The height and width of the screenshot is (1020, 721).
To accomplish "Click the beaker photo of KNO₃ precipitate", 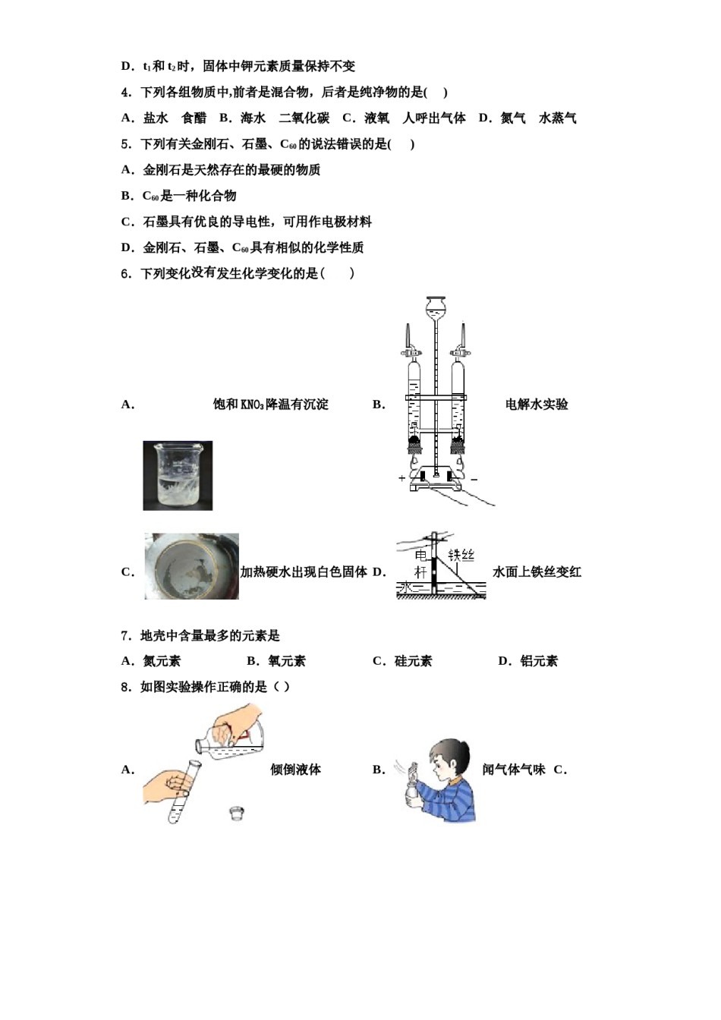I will coord(178,476).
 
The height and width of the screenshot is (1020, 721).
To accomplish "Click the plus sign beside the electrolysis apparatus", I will coord(401,479).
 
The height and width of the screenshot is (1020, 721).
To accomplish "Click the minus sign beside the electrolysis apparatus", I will coord(474,479).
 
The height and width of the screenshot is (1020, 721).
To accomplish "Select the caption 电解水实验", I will coord(537,405).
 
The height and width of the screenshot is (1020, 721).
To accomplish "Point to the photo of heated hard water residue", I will coord(191,566).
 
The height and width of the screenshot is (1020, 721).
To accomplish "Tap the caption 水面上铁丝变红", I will coord(537,572).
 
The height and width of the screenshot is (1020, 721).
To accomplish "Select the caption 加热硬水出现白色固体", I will coord(304,572).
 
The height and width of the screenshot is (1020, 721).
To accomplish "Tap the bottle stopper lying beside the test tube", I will coord(238,813).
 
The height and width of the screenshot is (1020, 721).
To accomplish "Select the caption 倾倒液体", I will coord(295,770).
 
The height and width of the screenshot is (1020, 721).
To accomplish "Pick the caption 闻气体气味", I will coord(514,770).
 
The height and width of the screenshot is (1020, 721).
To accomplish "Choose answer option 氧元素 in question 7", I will coord(286,661).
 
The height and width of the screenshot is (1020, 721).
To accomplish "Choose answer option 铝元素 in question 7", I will coord(539,661).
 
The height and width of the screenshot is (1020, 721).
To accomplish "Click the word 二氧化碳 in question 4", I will coord(304,118).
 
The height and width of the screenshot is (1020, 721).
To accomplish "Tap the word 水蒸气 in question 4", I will coord(557,118).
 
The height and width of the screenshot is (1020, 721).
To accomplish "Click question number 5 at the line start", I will coord(126,144).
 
